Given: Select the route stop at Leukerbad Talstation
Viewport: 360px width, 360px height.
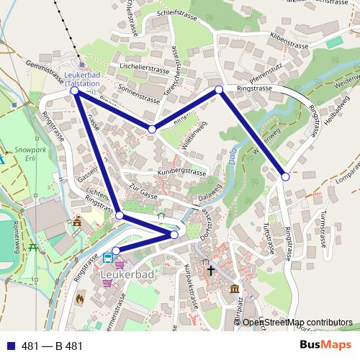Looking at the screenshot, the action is (75, 91).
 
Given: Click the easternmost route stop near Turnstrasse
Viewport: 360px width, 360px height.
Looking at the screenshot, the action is (285, 176).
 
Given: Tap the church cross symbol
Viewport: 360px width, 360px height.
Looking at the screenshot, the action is (211, 271).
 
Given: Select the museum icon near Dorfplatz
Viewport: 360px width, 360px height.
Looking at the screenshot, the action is (235, 289).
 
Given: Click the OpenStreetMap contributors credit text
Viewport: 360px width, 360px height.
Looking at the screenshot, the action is (297, 322).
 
